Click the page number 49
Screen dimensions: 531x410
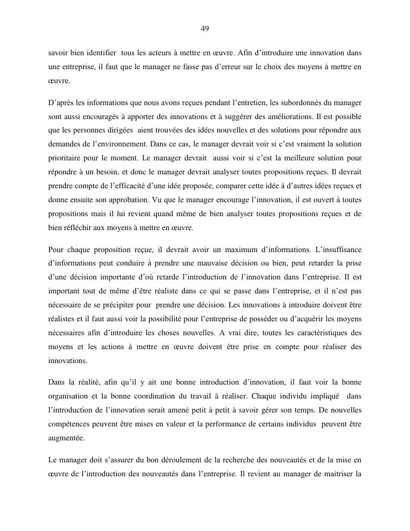[205, 28]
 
